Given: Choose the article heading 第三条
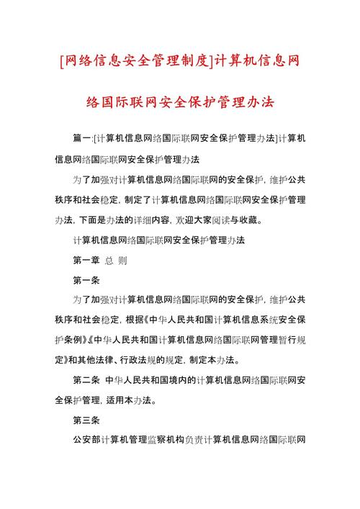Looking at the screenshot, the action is (86, 419).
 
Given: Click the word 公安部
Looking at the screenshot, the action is (86, 439).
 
